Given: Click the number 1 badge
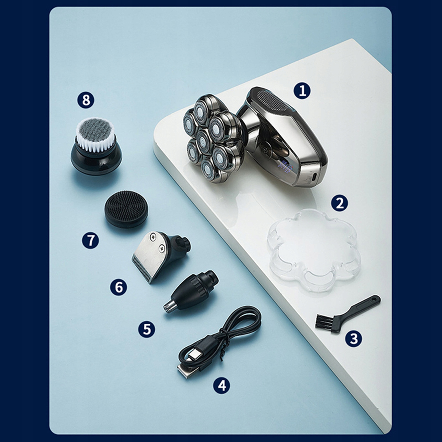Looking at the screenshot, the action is [x=302, y=91].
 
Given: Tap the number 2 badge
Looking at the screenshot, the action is [x=340, y=203].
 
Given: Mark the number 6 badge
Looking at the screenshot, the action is [x=119, y=287].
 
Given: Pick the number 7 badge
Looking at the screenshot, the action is [x=90, y=240].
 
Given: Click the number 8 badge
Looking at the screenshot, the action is [x=86, y=100].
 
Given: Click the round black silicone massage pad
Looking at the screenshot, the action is [x=126, y=209].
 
